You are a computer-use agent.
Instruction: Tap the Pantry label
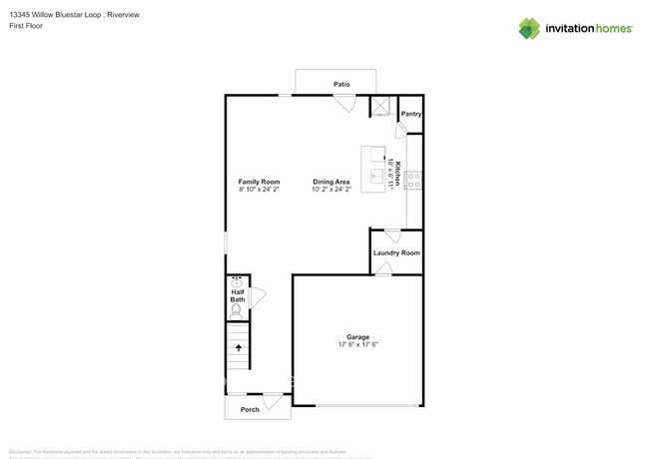click(x=410, y=114)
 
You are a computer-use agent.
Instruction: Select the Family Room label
click(x=258, y=181)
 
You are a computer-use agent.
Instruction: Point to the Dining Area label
click(x=330, y=181)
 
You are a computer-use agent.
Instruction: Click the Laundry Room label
click(x=396, y=252)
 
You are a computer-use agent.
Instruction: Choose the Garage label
click(x=357, y=336)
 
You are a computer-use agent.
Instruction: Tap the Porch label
click(x=250, y=410)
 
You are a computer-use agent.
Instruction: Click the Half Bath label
click(x=238, y=295)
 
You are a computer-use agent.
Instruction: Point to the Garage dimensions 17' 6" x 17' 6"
click(x=357, y=345)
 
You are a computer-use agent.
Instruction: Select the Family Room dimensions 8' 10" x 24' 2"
click(x=258, y=189)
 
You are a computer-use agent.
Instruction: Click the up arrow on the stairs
click(x=238, y=348)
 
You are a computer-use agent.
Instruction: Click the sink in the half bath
click(x=238, y=280)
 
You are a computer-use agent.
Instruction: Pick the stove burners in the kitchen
click(x=414, y=181)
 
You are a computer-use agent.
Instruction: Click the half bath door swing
click(x=257, y=296)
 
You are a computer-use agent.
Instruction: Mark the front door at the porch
click(x=269, y=399)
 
